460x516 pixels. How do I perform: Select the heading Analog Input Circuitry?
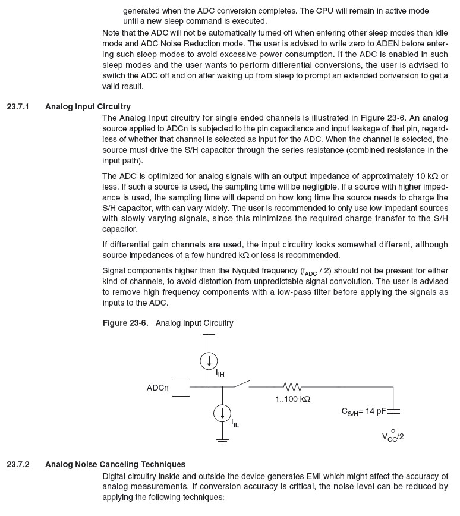click(x=87, y=107)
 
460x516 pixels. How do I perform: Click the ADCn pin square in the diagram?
click(x=181, y=388)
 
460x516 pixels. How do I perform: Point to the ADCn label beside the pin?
click(x=157, y=388)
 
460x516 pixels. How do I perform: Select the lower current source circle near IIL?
click(x=222, y=413)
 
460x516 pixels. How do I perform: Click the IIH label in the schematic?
click(x=220, y=374)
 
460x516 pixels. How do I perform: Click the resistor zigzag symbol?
click(x=292, y=387)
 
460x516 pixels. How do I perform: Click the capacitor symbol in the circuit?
click(x=393, y=410)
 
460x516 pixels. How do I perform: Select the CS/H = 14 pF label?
click(x=363, y=411)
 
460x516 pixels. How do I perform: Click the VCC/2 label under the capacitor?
click(x=393, y=438)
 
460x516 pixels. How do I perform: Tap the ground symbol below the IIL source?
click(x=222, y=442)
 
